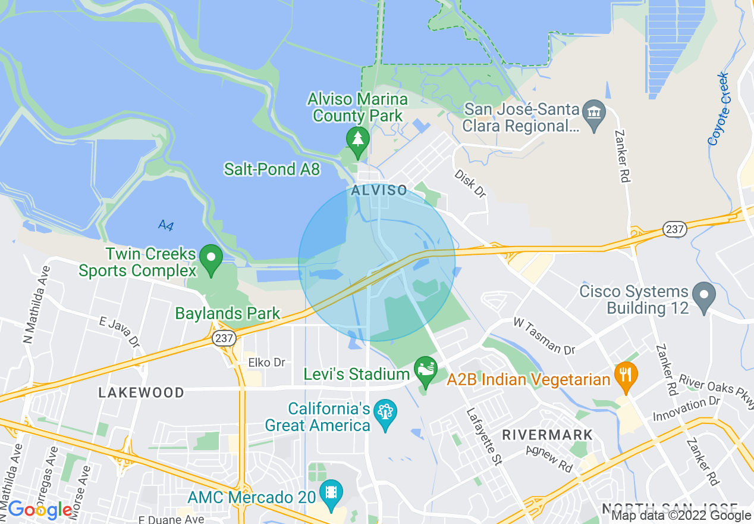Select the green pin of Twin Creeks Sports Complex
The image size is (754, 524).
(211, 258)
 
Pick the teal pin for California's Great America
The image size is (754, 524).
(386, 413)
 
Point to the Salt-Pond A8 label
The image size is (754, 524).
(272, 170)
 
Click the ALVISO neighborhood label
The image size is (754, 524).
(379, 191)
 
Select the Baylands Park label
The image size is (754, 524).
(228, 313)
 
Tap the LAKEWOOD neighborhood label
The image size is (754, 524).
(142, 392)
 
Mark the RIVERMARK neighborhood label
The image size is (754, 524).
(547, 435)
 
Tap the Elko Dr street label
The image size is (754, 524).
(267, 363)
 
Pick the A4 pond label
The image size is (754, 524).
(165, 225)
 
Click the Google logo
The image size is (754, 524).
(40, 510)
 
